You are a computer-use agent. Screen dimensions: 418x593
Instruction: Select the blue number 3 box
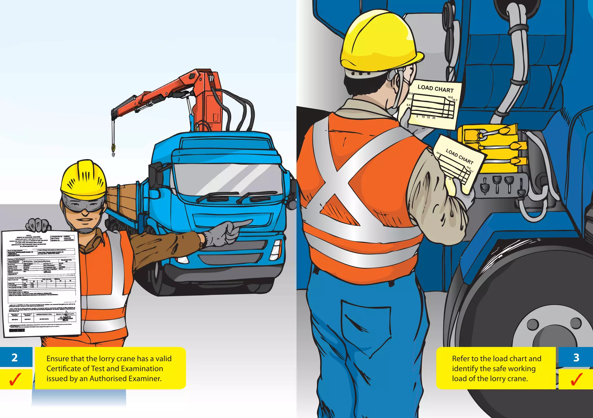coord(576,357)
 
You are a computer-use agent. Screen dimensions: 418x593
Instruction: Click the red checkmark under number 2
coord(15,379)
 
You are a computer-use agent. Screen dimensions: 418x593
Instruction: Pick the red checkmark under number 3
coord(576,379)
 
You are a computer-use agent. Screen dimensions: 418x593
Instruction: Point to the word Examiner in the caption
coord(145,379)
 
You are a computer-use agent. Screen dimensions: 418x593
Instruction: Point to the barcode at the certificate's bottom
coord(17,330)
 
